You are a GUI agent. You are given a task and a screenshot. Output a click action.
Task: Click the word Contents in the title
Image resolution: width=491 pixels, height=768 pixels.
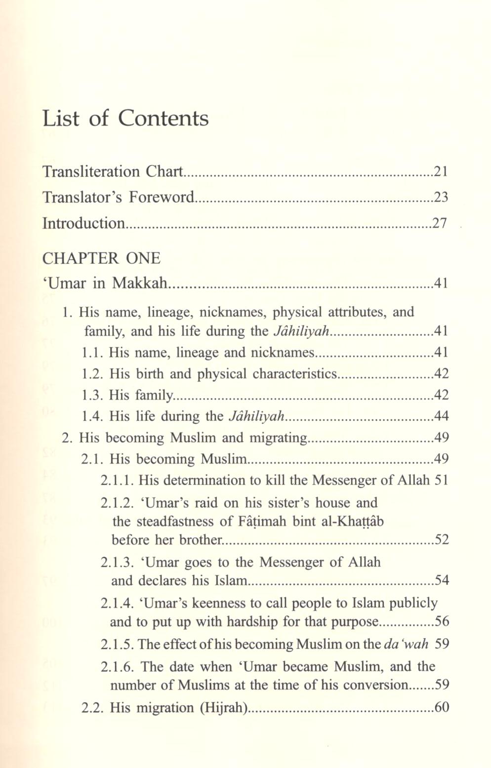pyautogui.click(x=163, y=119)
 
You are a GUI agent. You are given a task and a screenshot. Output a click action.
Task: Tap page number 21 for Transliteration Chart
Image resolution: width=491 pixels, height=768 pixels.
pyautogui.click(x=441, y=171)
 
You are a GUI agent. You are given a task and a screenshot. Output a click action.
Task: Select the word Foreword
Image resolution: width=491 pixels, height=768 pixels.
pyautogui.click(x=162, y=197)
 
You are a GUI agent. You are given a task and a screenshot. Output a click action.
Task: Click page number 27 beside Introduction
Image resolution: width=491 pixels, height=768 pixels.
pyautogui.click(x=440, y=223)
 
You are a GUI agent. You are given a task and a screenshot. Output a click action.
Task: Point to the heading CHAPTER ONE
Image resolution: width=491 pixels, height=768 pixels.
pyautogui.click(x=101, y=258)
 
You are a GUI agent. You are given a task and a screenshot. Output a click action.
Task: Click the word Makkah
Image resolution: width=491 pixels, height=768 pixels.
pyautogui.click(x=140, y=283)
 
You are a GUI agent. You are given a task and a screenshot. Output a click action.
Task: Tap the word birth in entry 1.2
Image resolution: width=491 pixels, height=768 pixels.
pyautogui.click(x=149, y=374)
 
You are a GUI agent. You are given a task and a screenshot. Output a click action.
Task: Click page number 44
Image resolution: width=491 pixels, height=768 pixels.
pyautogui.click(x=441, y=416)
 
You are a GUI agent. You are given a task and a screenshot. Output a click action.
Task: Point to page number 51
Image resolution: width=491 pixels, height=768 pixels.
pyautogui.click(x=441, y=480)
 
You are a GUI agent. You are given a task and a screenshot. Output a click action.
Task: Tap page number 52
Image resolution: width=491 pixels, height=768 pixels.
pyautogui.click(x=441, y=539)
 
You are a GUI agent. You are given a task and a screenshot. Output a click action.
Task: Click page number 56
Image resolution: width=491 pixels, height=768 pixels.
pyautogui.click(x=441, y=621)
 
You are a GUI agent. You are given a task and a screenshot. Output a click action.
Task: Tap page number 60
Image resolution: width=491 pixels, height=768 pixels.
pyautogui.click(x=441, y=708)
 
